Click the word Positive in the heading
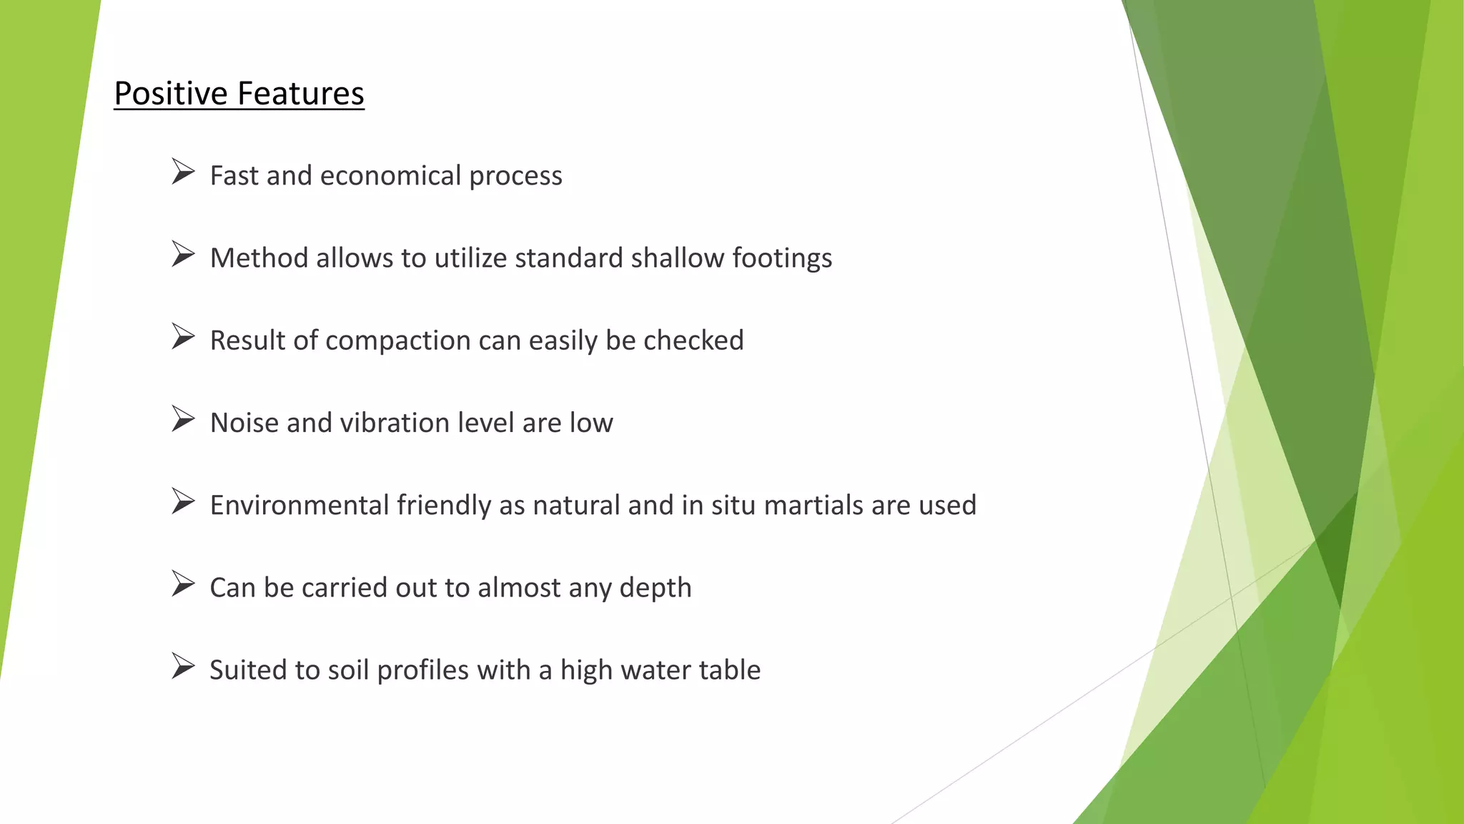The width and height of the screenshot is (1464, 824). pyautogui.click(x=171, y=94)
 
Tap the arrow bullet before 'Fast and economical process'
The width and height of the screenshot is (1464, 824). pyautogui.click(x=183, y=172)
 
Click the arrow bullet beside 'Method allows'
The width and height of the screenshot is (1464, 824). pyautogui.click(x=183, y=255)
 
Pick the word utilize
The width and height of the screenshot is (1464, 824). pyautogui.click(x=471, y=258)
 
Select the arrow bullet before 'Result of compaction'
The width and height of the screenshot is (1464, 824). pyautogui.click(x=183, y=337)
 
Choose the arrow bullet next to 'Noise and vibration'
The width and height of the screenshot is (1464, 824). pyautogui.click(x=183, y=419)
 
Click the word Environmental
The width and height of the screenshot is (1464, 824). pyautogui.click(x=300, y=505)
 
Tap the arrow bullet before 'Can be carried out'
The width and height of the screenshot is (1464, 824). pyautogui.click(x=183, y=584)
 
